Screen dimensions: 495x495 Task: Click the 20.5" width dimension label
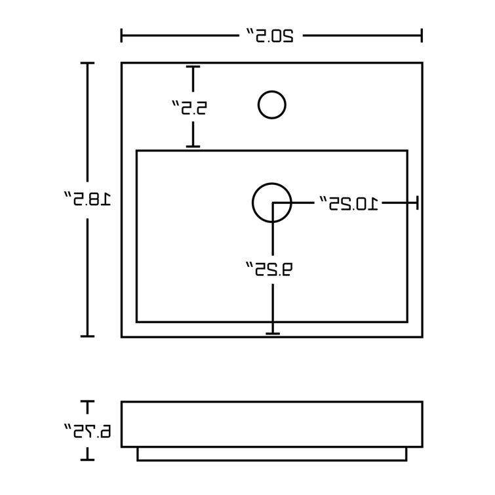[x=270, y=35]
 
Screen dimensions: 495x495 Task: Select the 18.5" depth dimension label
[x=88, y=199]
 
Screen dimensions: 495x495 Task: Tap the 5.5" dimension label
[x=189, y=108]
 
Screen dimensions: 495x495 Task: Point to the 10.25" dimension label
[x=349, y=203]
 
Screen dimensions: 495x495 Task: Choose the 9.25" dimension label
[x=269, y=269]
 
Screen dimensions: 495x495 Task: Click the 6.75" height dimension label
[x=88, y=431]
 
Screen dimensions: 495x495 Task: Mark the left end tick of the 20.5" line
[x=121, y=35]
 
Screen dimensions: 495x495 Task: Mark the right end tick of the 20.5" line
[x=422, y=35]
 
